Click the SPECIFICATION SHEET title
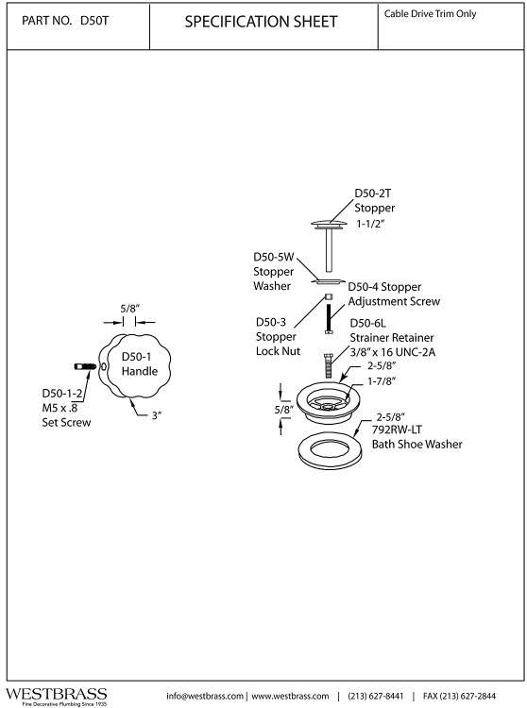click(261, 22)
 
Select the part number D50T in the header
click(93, 21)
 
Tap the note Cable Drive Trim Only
click(430, 14)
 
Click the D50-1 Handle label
click(140, 364)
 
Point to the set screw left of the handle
click(85, 366)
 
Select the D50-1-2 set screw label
click(62, 394)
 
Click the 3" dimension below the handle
click(156, 415)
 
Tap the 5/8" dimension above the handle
click(129, 309)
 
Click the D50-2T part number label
click(372, 194)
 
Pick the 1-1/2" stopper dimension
click(370, 224)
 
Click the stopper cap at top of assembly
click(329, 225)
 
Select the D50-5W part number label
click(274, 257)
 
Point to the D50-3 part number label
click(271, 322)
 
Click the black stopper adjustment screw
click(329, 319)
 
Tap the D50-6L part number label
click(368, 323)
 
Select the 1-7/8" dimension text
click(382, 381)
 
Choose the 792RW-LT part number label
click(397, 430)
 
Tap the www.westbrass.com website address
click(290, 696)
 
